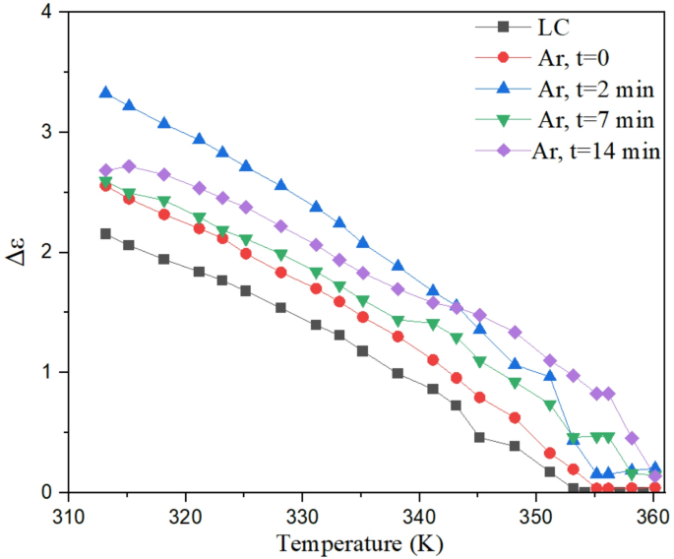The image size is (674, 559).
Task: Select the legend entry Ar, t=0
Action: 571,58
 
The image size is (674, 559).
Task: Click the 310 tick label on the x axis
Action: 68,515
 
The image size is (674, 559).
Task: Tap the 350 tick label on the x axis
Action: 535,515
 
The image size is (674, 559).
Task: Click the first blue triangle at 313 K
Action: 105,93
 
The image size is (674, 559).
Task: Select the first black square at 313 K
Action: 105,234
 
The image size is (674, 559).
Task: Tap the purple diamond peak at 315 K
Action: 129,166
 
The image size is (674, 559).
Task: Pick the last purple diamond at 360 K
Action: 655,476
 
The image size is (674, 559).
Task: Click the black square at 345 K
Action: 479,437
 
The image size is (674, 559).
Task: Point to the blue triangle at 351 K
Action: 549,376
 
